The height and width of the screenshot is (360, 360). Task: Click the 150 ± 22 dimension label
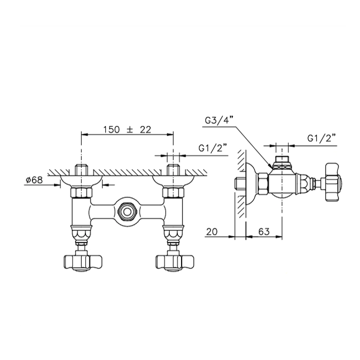click(x=127, y=130)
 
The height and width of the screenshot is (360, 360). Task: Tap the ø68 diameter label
click(x=34, y=180)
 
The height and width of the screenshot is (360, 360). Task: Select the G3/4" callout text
click(x=219, y=120)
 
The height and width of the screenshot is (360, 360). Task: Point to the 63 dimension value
click(x=264, y=231)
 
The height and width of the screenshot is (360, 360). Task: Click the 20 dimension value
click(x=211, y=231)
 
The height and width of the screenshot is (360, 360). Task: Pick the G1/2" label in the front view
click(x=213, y=148)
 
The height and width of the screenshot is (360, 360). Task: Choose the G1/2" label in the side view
click(x=321, y=138)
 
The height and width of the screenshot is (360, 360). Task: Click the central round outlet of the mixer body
click(x=127, y=211)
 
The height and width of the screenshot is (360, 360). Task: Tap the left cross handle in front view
click(x=83, y=262)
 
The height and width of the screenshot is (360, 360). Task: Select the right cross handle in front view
click(x=175, y=262)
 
